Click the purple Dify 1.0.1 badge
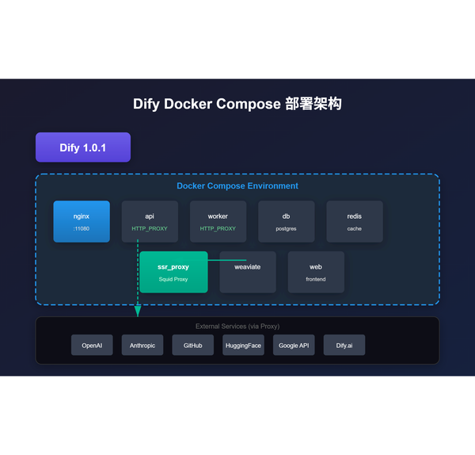[82, 147]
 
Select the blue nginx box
[82, 221]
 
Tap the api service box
[150, 221]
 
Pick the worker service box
[218, 221]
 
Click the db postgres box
[286, 221]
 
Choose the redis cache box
[354, 221]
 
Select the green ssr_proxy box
[173, 272]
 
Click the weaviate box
[247, 272]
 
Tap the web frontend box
[315, 272]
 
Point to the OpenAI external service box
[92, 346]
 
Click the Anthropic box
[142, 346]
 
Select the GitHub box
[193, 346]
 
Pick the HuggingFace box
[243, 346]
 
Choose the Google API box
[294, 346]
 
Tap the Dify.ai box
[344, 346]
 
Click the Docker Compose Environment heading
[237, 186]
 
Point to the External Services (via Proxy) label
[237, 326]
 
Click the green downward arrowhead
[138, 312]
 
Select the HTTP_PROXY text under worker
[218, 228]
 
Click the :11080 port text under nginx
[82, 228]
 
